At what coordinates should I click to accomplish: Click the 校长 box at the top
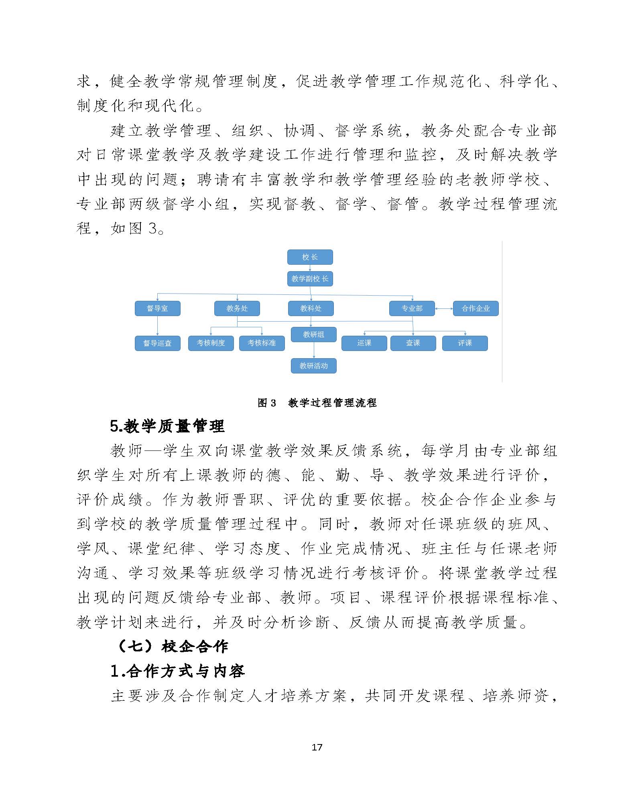pyautogui.click(x=310, y=257)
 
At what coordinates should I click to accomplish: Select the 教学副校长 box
pyautogui.click(x=310, y=279)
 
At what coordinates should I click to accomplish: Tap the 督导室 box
pyautogui.click(x=157, y=308)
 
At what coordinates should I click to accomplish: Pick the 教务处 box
pyautogui.click(x=237, y=308)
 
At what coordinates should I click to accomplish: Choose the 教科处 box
pyautogui.click(x=311, y=308)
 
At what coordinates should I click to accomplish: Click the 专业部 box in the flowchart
pyautogui.click(x=412, y=308)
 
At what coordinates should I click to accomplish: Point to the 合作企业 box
pyautogui.click(x=475, y=308)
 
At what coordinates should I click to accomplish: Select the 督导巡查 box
pyautogui.click(x=157, y=343)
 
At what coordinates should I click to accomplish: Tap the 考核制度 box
pyautogui.click(x=211, y=343)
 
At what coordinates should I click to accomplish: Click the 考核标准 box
pyautogui.click(x=262, y=343)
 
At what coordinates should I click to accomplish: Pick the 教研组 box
pyautogui.click(x=313, y=335)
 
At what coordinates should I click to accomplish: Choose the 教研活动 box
pyautogui.click(x=313, y=366)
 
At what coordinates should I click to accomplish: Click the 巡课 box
pyautogui.click(x=364, y=343)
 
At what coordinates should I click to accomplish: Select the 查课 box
pyautogui.click(x=413, y=343)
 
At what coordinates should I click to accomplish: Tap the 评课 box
pyautogui.click(x=465, y=343)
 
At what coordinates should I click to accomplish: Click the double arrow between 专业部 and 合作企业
pyautogui.click(x=444, y=309)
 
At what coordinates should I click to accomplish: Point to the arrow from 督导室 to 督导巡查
pyautogui.click(x=157, y=326)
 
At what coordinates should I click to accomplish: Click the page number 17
pyautogui.click(x=317, y=747)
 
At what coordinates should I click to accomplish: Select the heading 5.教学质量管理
pyautogui.click(x=167, y=426)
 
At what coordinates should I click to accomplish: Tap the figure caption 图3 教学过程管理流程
pyautogui.click(x=317, y=403)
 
